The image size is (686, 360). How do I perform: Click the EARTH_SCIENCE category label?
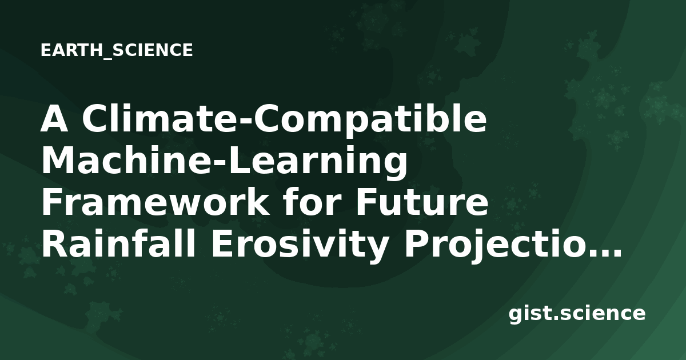pos(117,50)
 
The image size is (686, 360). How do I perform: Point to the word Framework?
pos(155,202)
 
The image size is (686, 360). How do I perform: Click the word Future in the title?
pos(422,202)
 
